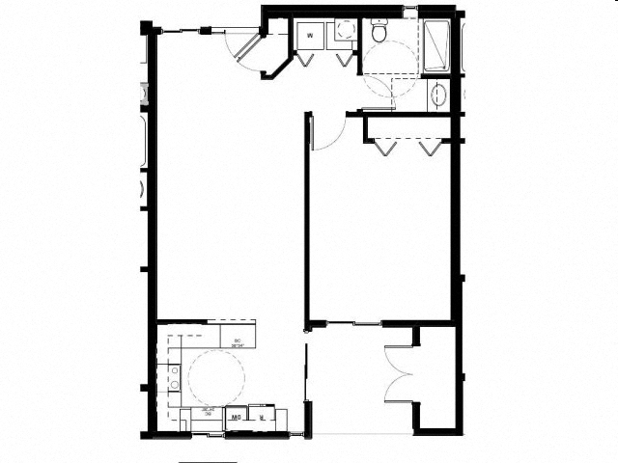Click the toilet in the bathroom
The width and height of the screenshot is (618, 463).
click(379, 32)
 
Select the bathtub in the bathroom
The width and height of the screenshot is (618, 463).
click(436, 44)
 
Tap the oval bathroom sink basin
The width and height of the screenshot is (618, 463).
click(437, 95)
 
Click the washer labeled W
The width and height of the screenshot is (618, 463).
click(310, 36)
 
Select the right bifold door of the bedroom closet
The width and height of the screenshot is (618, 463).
click(429, 147)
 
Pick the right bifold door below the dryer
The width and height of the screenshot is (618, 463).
click(343, 57)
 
